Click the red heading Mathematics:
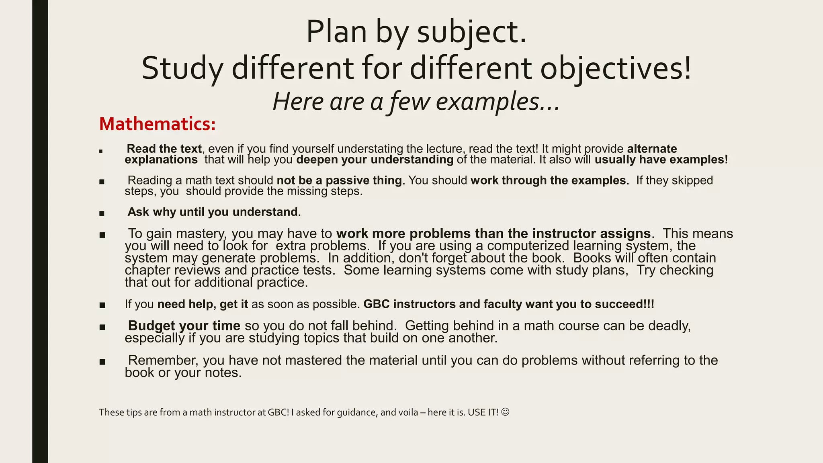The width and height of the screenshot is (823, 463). click(x=157, y=124)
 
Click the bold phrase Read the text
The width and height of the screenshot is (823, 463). click(x=164, y=149)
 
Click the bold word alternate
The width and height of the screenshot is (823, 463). click(x=652, y=149)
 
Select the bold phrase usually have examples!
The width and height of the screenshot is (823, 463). click(x=661, y=160)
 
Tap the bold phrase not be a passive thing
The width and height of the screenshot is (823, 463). click(x=339, y=180)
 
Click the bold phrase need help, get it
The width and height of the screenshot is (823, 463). click(x=203, y=304)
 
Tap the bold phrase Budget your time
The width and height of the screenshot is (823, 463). click(x=184, y=326)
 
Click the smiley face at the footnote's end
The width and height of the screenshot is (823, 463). click(x=506, y=412)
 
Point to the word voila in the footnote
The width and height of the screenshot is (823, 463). click(x=408, y=412)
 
